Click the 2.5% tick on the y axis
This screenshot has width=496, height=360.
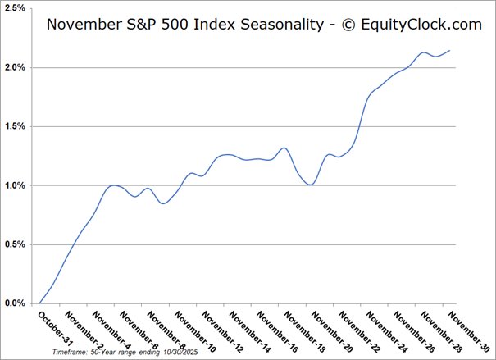13,8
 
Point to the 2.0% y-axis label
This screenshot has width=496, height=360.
13,67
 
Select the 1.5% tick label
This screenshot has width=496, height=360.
13,126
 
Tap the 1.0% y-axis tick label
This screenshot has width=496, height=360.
13,185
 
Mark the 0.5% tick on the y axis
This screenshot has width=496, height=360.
13,244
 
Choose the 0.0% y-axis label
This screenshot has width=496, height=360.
13,303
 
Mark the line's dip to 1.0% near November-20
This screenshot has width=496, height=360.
311,185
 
